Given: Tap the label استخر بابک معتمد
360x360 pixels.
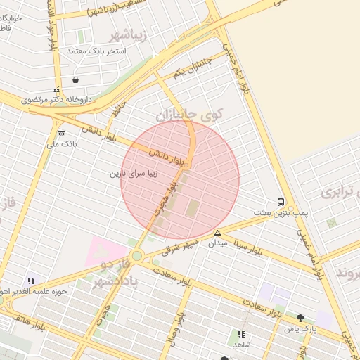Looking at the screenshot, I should [96, 51].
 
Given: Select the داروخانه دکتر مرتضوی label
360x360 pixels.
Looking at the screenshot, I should [61, 101].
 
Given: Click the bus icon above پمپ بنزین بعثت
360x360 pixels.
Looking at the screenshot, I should [281, 201].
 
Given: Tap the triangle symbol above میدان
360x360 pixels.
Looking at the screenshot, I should [217, 233].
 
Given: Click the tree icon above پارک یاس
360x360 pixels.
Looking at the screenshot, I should [301, 318].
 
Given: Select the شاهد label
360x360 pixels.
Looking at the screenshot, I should [241, 345].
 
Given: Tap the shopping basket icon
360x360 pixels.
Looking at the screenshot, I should [75, 79].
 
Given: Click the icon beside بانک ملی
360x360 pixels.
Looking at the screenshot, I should [61, 134].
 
